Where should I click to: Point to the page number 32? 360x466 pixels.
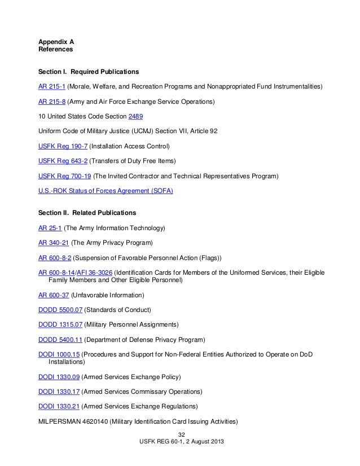(181, 434)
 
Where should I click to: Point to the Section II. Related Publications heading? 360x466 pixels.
(87, 213)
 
